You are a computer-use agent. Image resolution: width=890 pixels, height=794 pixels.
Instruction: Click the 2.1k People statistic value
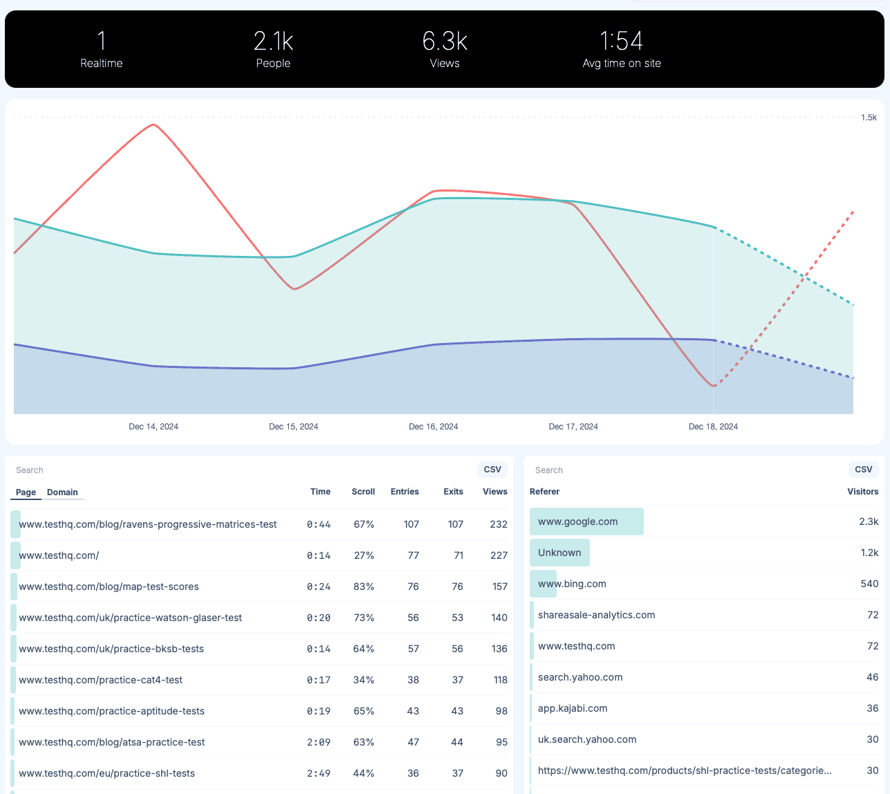click(x=273, y=41)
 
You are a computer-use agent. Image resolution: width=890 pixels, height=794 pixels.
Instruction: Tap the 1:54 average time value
click(x=621, y=41)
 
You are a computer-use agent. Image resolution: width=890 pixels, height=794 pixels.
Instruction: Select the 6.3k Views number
click(x=445, y=41)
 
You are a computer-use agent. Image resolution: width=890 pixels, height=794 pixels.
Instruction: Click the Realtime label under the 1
click(x=101, y=64)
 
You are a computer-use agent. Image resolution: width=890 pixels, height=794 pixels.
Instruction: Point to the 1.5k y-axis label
click(x=869, y=118)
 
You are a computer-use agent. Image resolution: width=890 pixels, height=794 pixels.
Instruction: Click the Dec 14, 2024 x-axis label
click(x=154, y=427)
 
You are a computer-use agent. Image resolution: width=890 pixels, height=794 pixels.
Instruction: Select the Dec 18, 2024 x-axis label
click(x=713, y=427)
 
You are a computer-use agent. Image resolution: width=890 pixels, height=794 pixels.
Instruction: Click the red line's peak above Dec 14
click(x=154, y=125)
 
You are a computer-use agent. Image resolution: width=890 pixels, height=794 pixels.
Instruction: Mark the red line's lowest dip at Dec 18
click(x=713, y=386)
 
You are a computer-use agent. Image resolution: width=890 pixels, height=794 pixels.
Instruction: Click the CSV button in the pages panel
click(x=492, y=470)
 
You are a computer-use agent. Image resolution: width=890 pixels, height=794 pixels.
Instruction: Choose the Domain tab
click(x=62, y=492)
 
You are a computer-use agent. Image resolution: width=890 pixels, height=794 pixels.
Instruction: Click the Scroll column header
click(x=363, y=492)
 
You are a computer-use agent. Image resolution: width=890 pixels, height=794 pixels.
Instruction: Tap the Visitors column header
click(x=862, y=492)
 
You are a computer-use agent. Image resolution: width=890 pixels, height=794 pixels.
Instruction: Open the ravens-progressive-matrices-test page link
click(x=148, y=524)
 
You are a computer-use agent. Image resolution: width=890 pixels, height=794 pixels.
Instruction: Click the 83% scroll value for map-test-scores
click(x=364, y=587)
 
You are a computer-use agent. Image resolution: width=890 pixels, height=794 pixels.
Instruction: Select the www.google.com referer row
click(x=578, y=521)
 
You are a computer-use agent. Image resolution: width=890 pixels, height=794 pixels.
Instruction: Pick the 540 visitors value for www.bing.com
click(x=869, y=584)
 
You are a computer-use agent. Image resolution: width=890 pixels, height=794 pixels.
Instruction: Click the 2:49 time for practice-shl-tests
click(x=319, y=773)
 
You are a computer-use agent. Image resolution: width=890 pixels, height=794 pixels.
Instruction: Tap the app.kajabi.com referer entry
click(x=573, y=708)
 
